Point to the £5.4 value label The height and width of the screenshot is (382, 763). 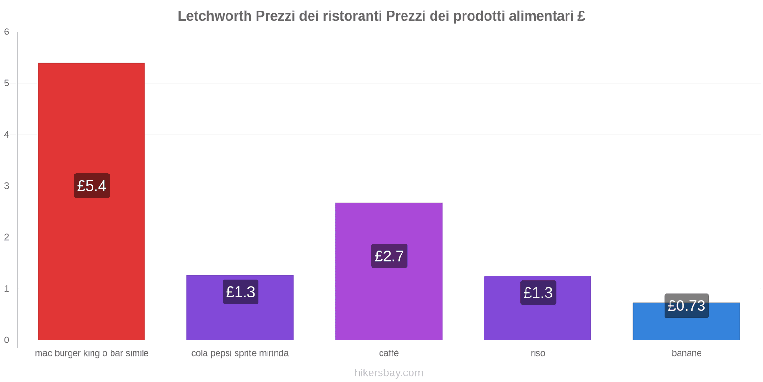tap(92, 186)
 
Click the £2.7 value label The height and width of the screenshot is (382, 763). tap(389, 256)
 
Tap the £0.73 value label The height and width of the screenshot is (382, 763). tap(686, 306)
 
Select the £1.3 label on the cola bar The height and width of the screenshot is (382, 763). tap(240, 292)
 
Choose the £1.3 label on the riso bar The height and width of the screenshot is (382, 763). tap(538, 292)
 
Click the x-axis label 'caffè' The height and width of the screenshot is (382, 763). tap(389, 353)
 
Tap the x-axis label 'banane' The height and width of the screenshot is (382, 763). tap(686, 353)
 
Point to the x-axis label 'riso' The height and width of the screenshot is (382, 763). tap(537, 353)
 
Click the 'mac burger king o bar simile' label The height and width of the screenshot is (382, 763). tap(92, 353)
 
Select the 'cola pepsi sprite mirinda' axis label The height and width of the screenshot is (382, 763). tap(240, 353)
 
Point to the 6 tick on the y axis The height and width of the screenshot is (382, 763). tap(7, 32)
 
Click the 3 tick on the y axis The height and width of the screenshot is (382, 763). tap(7, 186)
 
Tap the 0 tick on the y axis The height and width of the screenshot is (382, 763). tap(7, 340)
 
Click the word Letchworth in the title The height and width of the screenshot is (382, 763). tap(215, 16)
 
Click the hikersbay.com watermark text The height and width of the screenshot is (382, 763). tap(389, 373)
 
